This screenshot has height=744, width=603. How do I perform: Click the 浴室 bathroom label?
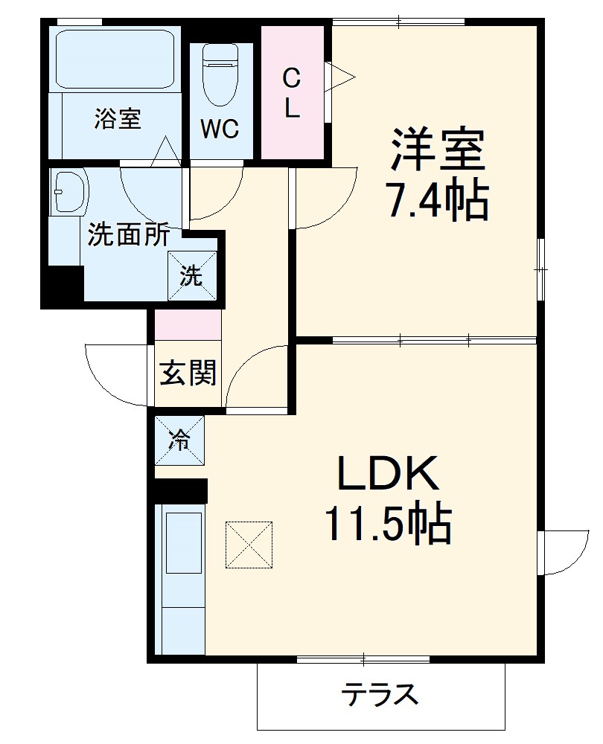click(x=118, y=119)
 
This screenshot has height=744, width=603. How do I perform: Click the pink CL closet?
click(x=292, y=92)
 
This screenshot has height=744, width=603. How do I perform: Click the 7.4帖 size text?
click(x=436, y=199)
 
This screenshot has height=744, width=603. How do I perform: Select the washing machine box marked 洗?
click(x=192, y=277)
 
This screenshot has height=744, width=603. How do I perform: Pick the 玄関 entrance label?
click(x=188, y=373)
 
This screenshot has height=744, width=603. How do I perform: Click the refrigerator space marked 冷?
click(x=179, y=440)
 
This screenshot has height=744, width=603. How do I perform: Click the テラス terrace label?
click(x=380, y=696)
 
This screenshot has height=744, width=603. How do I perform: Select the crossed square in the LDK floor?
click(x=249, y=545)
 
